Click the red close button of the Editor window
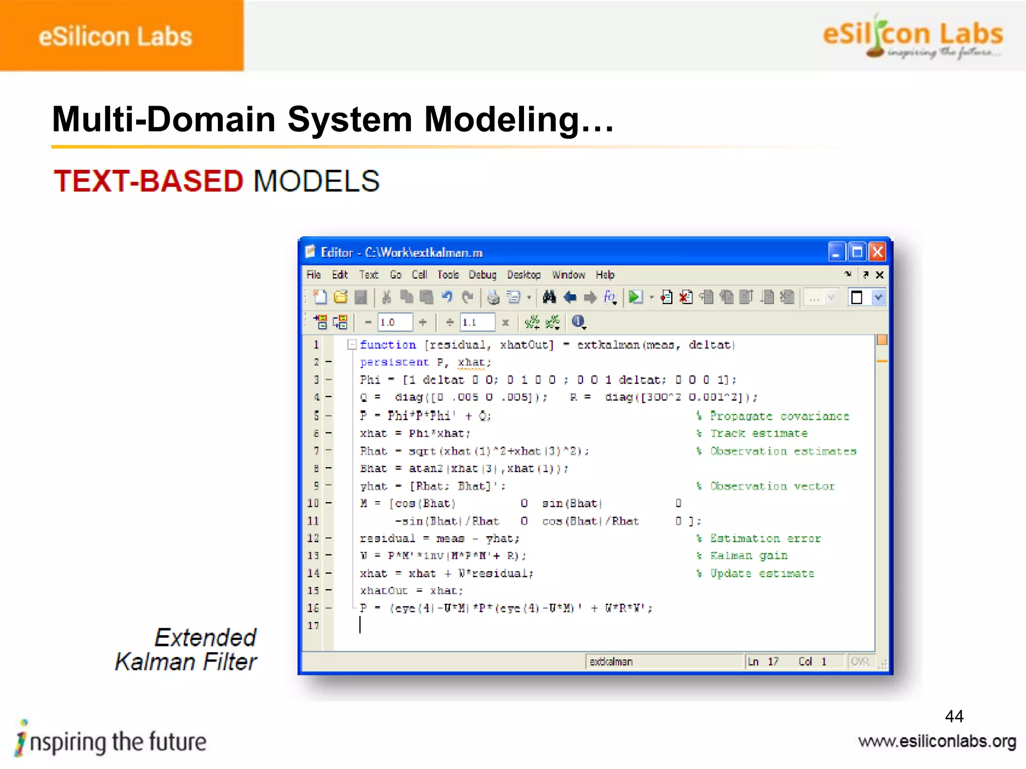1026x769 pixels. [877, 252]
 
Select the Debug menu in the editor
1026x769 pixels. [482, 275]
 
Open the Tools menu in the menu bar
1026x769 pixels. [447, 275]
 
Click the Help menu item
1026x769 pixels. [605, 275]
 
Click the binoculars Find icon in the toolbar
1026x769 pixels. [549, 297]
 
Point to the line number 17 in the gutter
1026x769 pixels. [313, 625]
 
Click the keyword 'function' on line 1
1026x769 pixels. [388, 345]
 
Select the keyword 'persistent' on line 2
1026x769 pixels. [394, 362]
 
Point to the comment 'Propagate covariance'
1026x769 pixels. [779, 416]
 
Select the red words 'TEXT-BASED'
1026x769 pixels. [149, 181]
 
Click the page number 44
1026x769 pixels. [954, 716]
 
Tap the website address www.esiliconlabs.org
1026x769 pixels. [937, 741]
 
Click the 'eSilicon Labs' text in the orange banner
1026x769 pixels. [115, 37]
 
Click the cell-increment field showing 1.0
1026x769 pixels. [395, 322]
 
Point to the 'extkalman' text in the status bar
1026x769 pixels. [611, 662]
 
